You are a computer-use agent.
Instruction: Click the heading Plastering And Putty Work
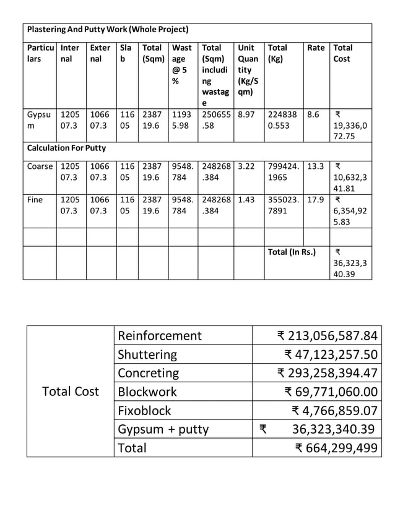108,30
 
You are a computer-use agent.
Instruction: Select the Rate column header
316,48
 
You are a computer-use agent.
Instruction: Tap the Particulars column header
39,53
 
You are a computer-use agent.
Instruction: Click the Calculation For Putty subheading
66,148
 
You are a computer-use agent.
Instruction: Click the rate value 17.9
315,201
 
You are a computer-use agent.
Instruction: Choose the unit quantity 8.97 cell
246,114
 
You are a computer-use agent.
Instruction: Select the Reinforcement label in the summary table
160,336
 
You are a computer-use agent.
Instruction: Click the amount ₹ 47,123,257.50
331,354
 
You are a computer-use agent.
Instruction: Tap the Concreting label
148,373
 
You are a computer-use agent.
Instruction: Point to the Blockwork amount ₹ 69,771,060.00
331,392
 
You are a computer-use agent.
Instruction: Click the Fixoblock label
144,410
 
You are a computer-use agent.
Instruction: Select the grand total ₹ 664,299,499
336,448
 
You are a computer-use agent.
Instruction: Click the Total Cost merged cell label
70,392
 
